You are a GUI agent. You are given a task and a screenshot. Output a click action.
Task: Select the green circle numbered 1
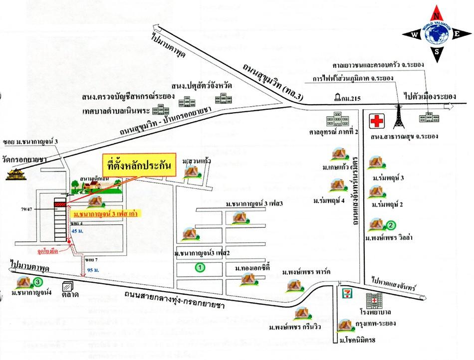(200, 267)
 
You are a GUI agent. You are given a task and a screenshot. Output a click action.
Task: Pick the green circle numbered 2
(391, 225)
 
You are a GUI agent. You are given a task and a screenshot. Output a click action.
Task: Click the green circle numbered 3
(38, 282)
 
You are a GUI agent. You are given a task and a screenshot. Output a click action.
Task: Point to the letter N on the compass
(437, 14)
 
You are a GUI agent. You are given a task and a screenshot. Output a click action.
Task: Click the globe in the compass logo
(437, 34)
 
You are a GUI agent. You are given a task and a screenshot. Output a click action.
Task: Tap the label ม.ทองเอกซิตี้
(252, 269)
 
